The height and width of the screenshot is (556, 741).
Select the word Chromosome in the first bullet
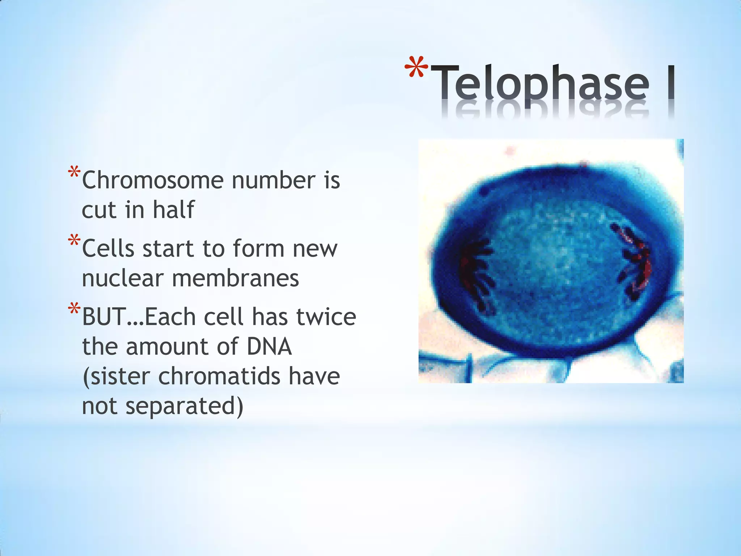152,180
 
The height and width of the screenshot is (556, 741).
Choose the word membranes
235,278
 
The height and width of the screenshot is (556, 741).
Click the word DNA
269,346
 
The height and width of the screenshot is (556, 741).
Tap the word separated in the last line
184,406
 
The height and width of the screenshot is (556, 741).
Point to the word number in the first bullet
273,180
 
